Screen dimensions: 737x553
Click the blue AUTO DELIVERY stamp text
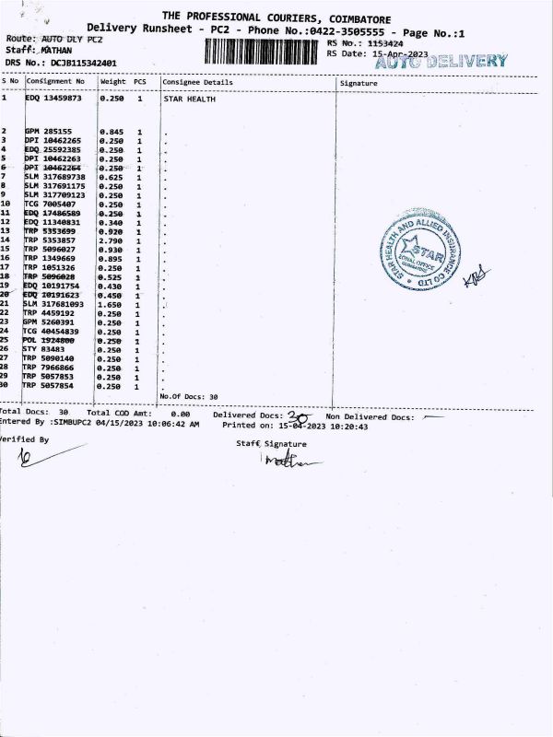[442, 62]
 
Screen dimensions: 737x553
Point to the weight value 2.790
[112, 240]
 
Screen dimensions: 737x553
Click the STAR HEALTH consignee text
[189, 99]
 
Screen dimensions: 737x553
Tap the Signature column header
[359, 83]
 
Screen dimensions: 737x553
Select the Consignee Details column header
[198, 83]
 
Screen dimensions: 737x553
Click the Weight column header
[112, 82]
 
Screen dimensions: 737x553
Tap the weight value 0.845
[112, 131]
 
